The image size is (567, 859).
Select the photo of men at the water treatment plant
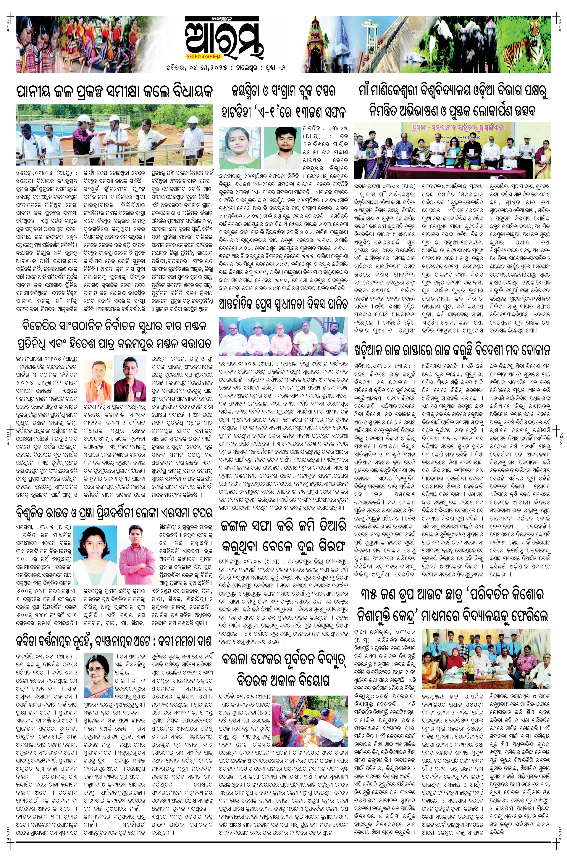click(x=114, y=135)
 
